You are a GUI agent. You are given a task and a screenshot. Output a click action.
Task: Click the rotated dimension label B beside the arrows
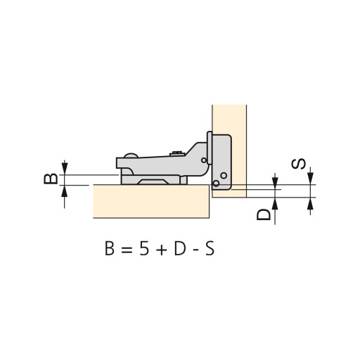[51, 179]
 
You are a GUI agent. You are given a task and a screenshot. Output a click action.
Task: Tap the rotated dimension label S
[298, 164]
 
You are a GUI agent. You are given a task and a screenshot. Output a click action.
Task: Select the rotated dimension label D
[264, 214]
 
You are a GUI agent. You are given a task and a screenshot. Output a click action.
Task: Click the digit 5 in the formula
[144, 249]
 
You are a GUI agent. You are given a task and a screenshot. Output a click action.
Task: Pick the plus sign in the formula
[162, 250]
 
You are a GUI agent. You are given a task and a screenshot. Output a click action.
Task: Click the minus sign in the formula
[195, 250]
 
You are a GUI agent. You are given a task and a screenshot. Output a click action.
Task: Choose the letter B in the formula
[110, 249]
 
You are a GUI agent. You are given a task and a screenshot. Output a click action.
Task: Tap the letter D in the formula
[180, 249]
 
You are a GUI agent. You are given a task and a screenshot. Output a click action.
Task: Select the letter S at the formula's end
[210, 249]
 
